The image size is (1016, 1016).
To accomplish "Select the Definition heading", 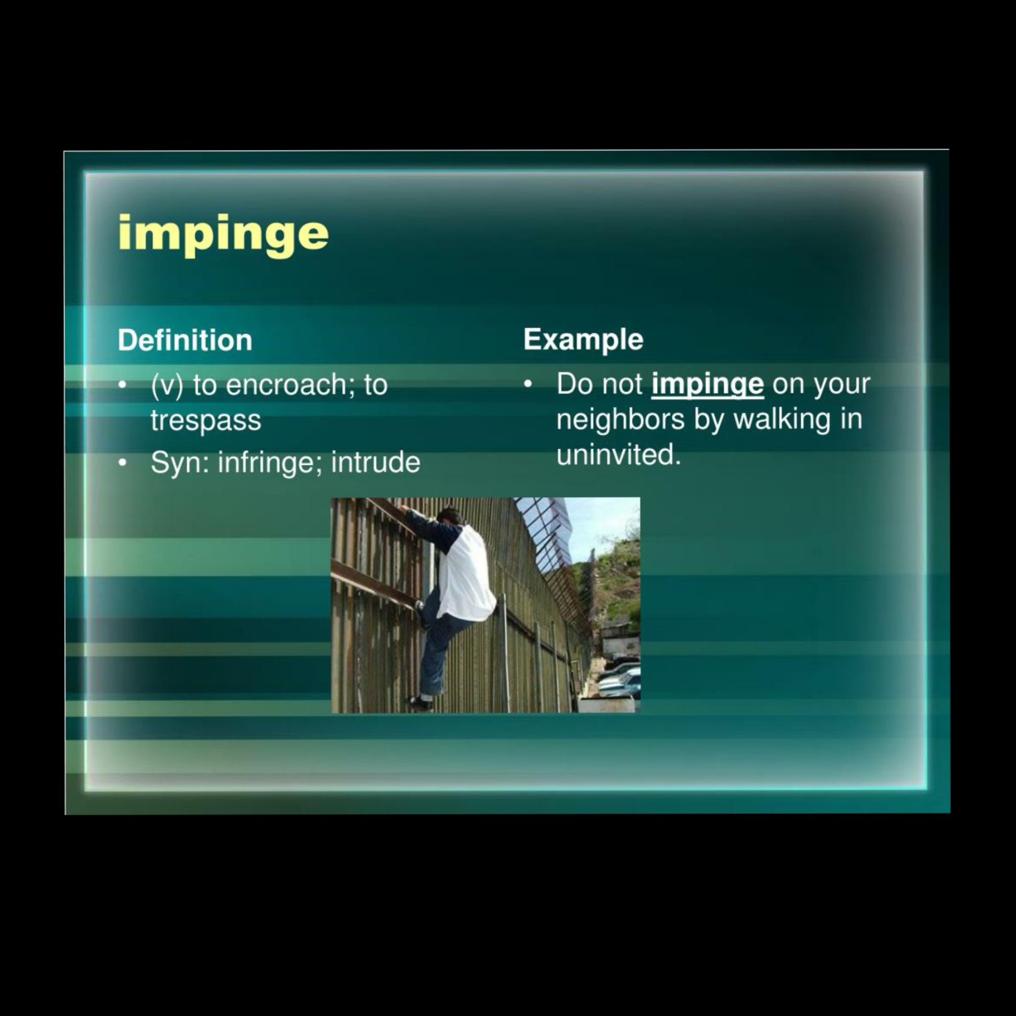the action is (x=185, y=340).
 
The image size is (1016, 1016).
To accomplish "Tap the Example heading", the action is (x=583, y=340).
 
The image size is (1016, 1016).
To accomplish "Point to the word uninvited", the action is (x=618, y=455).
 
